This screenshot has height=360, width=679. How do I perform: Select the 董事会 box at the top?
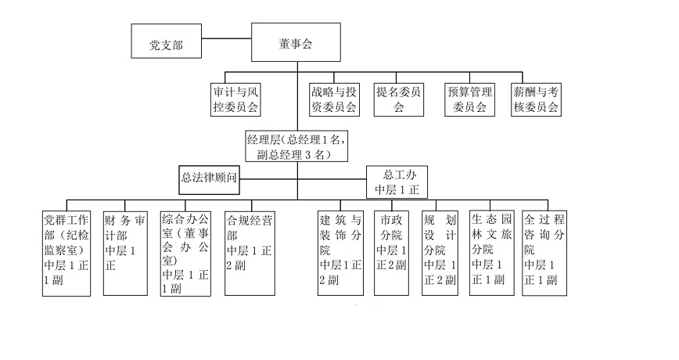pos(296,41)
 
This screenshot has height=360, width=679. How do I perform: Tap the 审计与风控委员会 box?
pos(236,99)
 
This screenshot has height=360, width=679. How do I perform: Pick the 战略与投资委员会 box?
pos(333,99)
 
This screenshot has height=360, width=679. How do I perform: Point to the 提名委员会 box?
pos(399,99)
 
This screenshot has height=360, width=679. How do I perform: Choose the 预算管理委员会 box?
pos(470,99)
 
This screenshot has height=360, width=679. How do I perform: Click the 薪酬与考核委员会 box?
pos(536,99)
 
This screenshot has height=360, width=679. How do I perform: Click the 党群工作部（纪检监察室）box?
pos(69,253)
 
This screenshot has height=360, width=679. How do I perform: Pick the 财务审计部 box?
pos(126,253)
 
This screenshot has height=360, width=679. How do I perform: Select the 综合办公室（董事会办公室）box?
pos(185,253)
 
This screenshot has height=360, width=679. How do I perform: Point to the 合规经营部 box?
pos(249,253)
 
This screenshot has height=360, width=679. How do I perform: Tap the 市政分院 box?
pos(391,253)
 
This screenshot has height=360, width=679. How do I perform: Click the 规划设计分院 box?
pos(440,253)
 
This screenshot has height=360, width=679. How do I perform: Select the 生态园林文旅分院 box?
pos(490,253)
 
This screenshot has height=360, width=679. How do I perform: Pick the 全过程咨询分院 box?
pos(543,253)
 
